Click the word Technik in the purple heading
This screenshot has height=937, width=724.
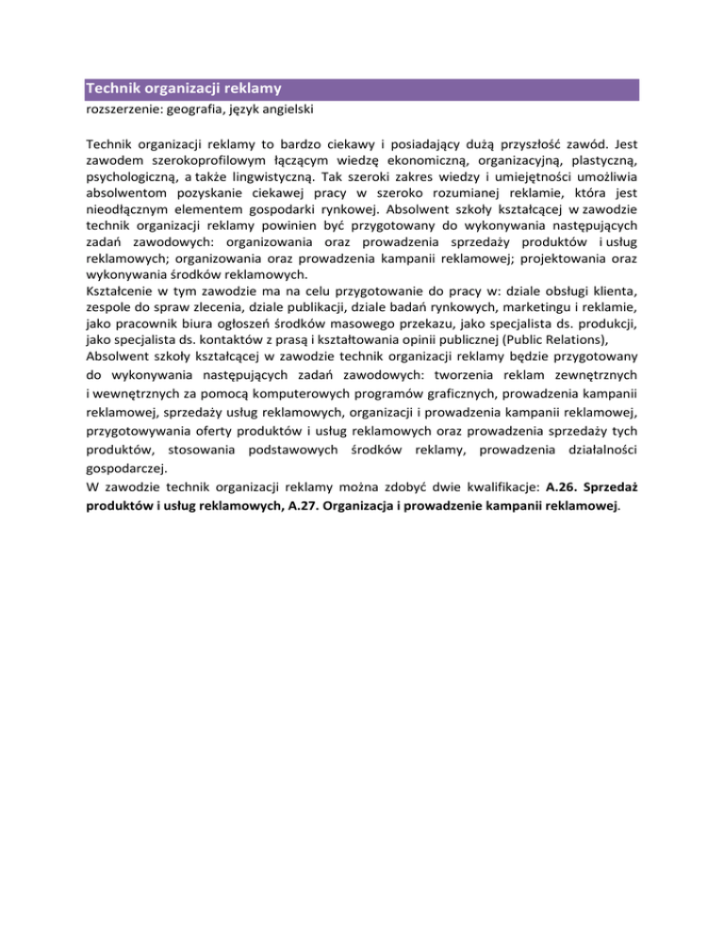click(x=111, y=90)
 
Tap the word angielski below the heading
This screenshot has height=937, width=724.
click(x=285, y=109)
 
